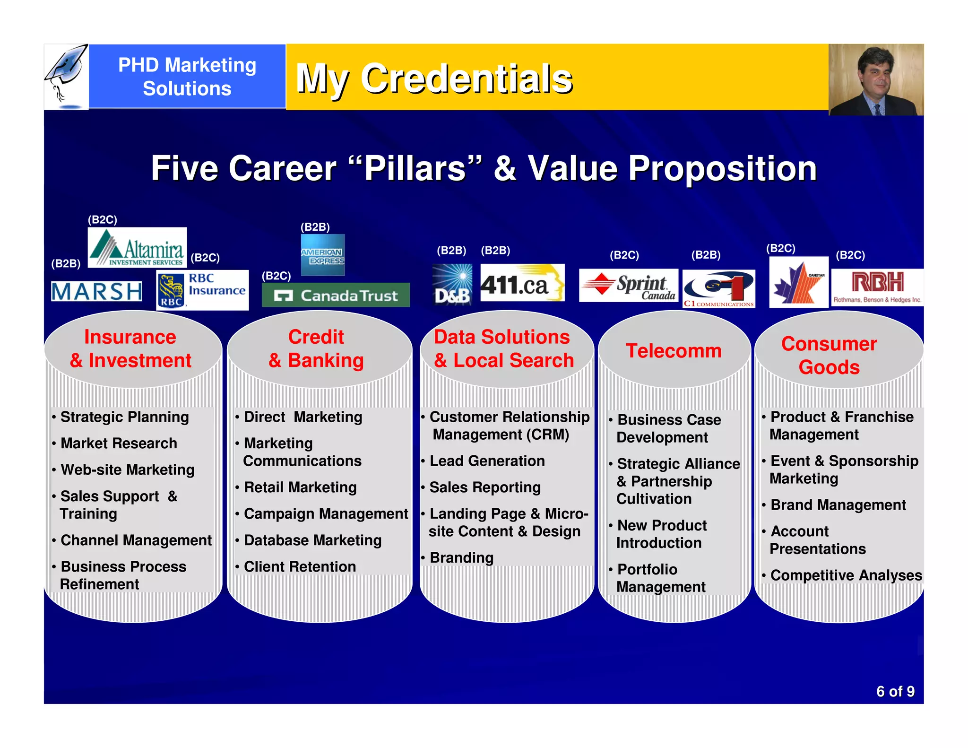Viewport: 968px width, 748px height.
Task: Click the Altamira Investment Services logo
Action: coord(137,248)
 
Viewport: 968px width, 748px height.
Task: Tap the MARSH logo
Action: coord(96,291)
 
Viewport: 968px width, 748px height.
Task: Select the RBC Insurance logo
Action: coord(202,290)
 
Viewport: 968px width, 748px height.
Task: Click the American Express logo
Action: coord(323,255)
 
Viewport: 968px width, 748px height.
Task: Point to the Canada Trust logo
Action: coord(336,295)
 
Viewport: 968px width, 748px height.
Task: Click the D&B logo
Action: coord(452,285)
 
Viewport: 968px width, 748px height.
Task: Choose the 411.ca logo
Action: coord(522,283)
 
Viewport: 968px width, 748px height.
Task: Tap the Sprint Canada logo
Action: coord(628,286)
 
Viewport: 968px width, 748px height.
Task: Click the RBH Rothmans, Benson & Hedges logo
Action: coord(877,287)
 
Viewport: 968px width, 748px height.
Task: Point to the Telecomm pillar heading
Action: coord(674,351)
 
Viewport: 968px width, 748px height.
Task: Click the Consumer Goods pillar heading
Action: coord(829,356)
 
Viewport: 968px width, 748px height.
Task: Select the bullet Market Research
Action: coord(119,444)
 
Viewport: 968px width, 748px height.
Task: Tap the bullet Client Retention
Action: coord(300,566)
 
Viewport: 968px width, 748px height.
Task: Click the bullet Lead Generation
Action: coord(487,461)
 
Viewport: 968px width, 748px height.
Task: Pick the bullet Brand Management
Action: coord(838,505)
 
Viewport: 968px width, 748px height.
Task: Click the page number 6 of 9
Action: coord(895,691)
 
